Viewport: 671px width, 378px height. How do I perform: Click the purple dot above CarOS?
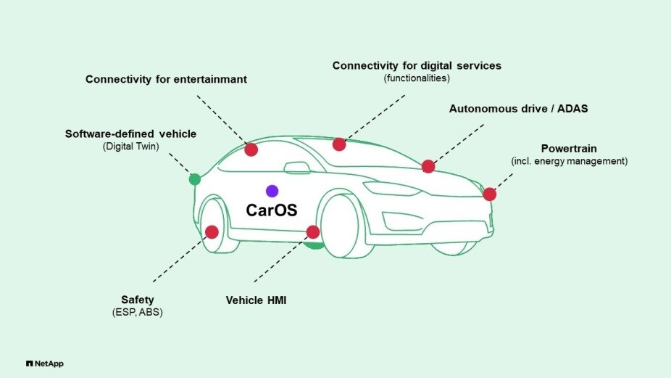coord(272,191)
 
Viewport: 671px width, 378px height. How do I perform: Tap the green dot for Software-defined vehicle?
coord(194,179)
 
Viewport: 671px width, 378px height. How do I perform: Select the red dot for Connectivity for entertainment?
coord(251,150)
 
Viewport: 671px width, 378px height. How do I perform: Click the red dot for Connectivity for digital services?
coord(339,144)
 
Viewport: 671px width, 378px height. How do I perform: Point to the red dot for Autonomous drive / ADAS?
coord(428,166)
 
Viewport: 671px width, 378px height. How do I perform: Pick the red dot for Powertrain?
coord(490,194)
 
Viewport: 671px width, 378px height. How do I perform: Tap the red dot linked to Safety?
coord(212,232)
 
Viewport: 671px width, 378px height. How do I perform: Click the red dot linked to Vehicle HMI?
coord(313,232)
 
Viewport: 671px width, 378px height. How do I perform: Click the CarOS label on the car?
coord(272,210)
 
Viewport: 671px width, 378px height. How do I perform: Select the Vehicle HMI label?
coord(257,299)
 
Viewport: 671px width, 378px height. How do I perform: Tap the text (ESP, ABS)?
coord(138,313)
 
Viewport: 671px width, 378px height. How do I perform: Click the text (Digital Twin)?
coord(130,147)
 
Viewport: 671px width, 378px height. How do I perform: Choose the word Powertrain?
coord(569,148)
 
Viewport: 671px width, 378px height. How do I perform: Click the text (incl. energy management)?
coord(569,161)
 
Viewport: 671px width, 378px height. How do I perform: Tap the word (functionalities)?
coord(417,78)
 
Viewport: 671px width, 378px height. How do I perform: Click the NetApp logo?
coord(44,363)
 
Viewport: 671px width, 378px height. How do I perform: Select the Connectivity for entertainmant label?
coord(166,79)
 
